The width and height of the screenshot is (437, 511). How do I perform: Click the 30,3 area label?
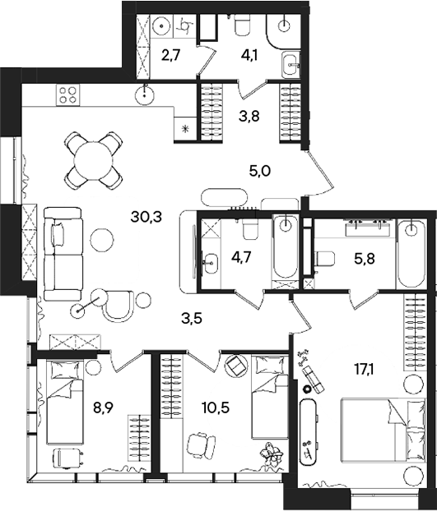pyautogui.click(x=146, y=217)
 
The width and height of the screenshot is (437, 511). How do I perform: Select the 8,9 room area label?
pyautogui.click(x=103, y=407)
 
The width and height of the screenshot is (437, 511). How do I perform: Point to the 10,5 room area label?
pyautogui.click(x=216, y=407)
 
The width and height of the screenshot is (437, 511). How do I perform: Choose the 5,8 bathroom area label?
pyautogui.click(x=365, y=259)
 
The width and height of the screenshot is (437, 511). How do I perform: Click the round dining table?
pyautogui.click(x=93, y=161)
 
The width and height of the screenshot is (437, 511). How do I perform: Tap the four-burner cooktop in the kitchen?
pyautogui.click(x=67, y=94)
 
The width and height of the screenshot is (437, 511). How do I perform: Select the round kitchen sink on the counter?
pyautogui.click(x=144, y=94)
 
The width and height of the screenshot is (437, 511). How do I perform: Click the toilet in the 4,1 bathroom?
pyautogui.click(x=243, y=26)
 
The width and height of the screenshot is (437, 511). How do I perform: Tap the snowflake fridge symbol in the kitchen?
pyautogui.click(x=186, y=129)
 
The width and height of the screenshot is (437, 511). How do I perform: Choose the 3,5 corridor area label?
pyautogui.click(x=192, y=318)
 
